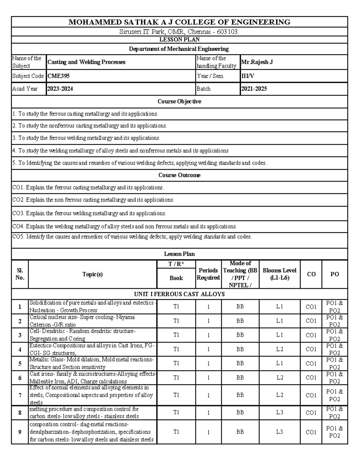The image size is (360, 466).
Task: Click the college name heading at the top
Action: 179,22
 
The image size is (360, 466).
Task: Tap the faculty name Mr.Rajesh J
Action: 257,62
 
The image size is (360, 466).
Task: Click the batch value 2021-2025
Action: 254,89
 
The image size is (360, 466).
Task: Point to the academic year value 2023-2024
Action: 60,89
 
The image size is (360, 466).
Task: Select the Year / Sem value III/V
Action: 248,76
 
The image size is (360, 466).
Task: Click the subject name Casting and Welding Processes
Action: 86,62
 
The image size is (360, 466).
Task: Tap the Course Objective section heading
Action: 179,101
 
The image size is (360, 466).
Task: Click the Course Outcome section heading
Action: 179,175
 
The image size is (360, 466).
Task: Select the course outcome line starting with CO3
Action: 89,213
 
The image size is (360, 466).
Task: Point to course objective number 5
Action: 139,163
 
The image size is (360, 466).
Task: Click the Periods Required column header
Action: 208,274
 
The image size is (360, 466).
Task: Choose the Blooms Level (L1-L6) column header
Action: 280,274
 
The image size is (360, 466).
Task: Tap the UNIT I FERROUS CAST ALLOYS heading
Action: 179,294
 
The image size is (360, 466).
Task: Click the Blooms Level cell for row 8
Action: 280,413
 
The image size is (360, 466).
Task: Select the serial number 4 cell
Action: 20,349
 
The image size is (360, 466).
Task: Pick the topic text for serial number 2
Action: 82,321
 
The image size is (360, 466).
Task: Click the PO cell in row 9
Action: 334,432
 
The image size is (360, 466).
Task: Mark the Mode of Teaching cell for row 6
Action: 240,377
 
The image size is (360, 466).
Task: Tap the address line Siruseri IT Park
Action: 179,32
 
